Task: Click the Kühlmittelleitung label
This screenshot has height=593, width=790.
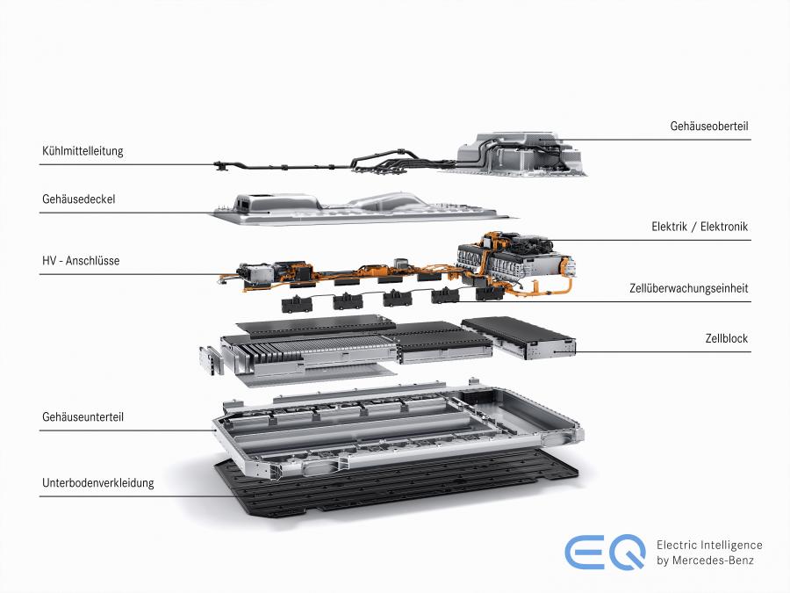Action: click(x=83, y=151)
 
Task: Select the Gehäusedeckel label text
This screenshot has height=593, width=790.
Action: click(x=79, y=199)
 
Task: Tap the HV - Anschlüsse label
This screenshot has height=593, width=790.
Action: click(x=81, y=261)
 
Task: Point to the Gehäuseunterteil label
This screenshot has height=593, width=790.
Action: click(x=83, y=417)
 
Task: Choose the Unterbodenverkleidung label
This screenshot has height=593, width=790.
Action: click(x=97, y=482)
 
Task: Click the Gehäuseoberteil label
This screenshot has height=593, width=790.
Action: click(x=709, y=126)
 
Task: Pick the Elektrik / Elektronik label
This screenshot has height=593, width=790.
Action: click(x=700, y=227)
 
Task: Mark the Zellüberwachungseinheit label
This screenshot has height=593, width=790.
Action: click(x=689, y=288)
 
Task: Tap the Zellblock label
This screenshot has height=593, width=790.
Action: click(x=727, y=338)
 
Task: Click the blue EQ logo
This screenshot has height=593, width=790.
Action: click(x=605, y=552)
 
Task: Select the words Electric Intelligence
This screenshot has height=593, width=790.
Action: click(x=709, y=545)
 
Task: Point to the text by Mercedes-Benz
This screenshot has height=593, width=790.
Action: click(x=705, y=560)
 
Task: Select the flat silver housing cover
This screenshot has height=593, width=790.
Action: click(x=363, y=207)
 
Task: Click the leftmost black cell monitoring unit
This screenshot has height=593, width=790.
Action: click(x=297, y=304)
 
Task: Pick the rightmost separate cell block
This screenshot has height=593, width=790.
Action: click(x=519, y=337)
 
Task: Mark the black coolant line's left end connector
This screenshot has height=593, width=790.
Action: click(x=221, y=165)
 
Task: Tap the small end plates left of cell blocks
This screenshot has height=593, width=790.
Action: click(x=211, y=360)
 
